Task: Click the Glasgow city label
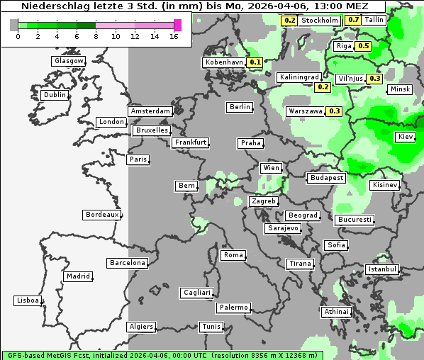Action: pyautogui.click(x=68, y=61)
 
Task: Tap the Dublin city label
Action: pyautogui.click(x=55, y=95)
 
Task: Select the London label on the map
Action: pyautogui.click(x=111, y=122)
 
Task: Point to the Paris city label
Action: pyautogui.click(x=138, y=159)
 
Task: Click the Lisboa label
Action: pyautogui.click(x=28, y=300)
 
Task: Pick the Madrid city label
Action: pyautogui.click(x=77, y=276)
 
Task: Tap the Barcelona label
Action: pyautogui.click(x=128, y=263)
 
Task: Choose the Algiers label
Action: pyautogui.click(x=140, y=327)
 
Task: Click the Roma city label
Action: pyautogui.click(x=233, y=255)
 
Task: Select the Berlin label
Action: pyautogui.click(x=240, y=107)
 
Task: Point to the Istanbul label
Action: pyautogui.click(x=382, y=269)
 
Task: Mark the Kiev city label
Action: pyautogui.click(x=406, y=137)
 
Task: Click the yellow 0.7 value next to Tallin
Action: pyautogui.click(x=353, y=20)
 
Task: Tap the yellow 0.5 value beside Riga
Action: pyautogui.click(x=364, y=46)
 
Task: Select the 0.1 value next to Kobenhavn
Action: pyautogui.click(x=255, y=62)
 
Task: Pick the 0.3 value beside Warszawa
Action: pyautogui.click(x=335, y=111)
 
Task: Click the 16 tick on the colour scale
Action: pyautogui.click(x=174, y=36)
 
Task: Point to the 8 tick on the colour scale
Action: pyautogui.click(x=96, y=36)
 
